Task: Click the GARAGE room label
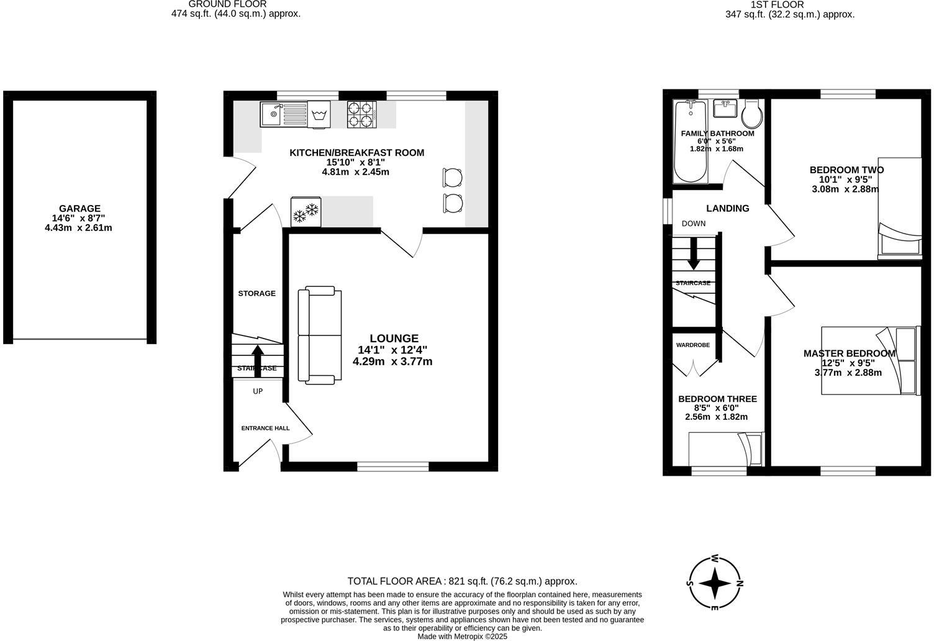point(79,209)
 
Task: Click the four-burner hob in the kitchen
point(362,114)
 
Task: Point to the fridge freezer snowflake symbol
point(306,212)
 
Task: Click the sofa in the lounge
point(319,334)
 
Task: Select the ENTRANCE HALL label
point(265,428)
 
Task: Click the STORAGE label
point(256,293)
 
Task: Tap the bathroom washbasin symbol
point(725,109)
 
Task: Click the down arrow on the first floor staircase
point(694,255)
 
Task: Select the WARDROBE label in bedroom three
point(692,345)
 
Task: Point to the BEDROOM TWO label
point(846,170)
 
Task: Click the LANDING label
point(727,209)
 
